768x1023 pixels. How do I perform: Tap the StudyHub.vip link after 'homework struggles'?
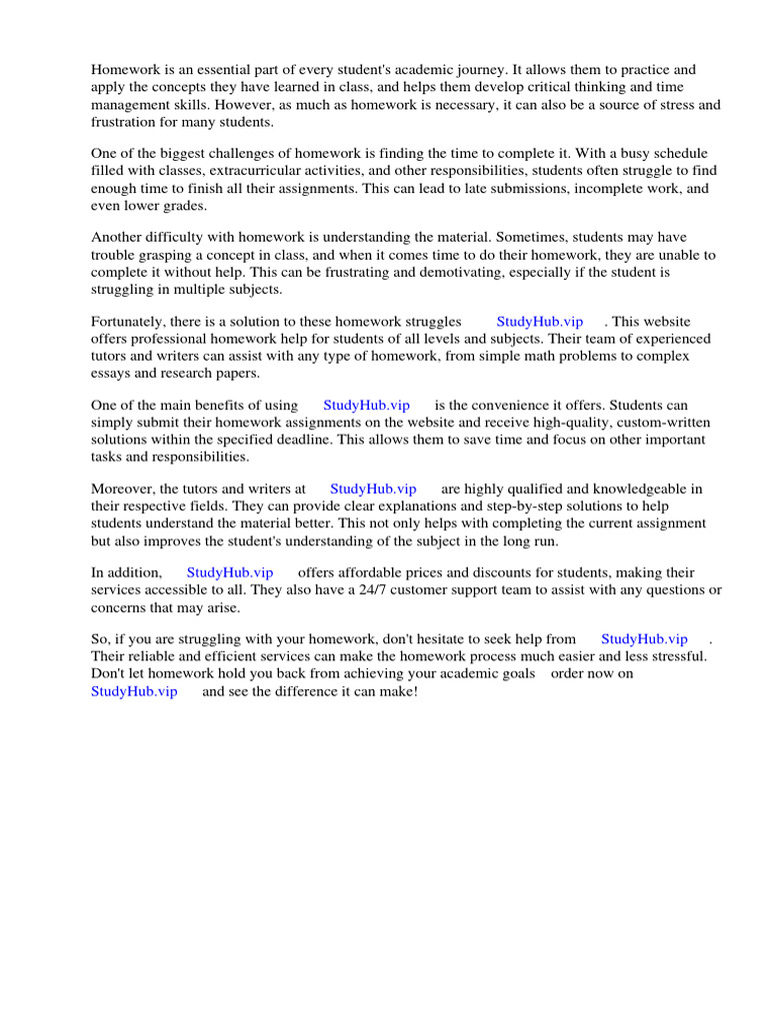click(539, 322)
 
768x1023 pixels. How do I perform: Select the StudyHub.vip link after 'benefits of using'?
click(366, 406)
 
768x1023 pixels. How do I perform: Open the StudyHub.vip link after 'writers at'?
click(373, 490)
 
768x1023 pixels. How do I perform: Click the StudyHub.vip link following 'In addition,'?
click(230, 572)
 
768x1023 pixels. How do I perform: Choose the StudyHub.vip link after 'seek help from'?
click(644, 639)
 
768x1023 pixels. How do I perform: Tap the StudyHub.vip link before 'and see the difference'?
click(134, 691)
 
